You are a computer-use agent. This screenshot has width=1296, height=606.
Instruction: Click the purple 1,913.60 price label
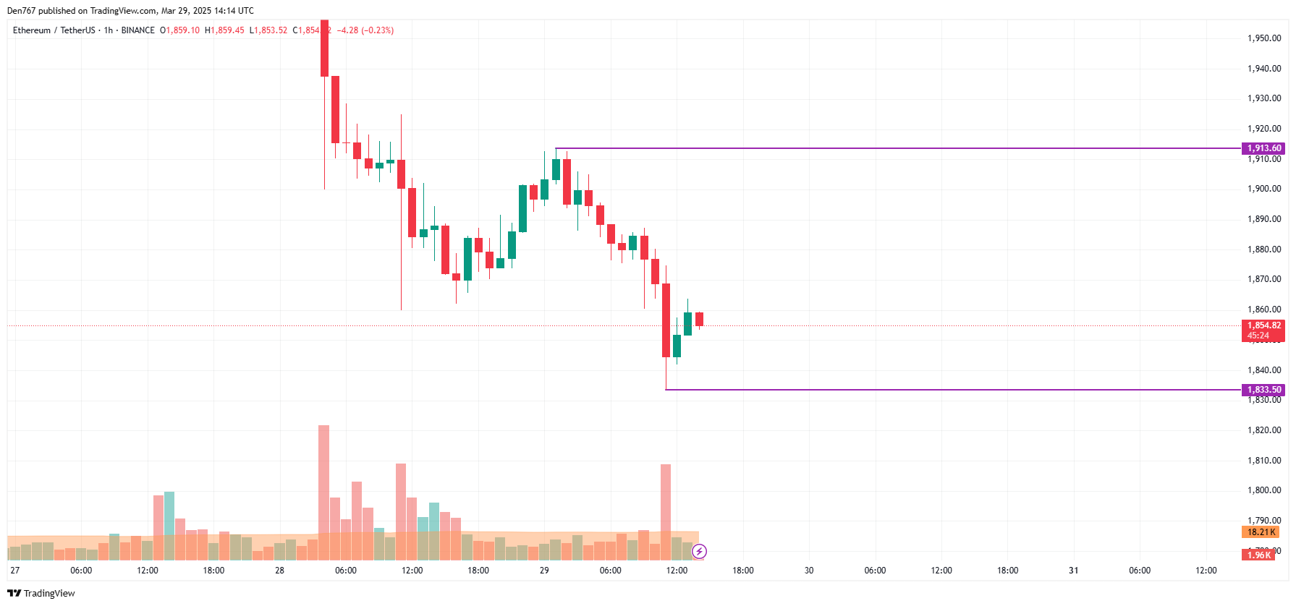[x=1263, y=148]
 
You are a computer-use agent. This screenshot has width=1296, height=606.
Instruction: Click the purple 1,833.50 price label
[x=1263, y=390]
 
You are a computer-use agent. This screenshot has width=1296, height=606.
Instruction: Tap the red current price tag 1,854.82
[x=1263, y=326]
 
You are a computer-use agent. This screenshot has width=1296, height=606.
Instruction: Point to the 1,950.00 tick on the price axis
[x=1263, y=38]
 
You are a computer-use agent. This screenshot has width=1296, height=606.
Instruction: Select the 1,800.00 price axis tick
[x=1263, y=490]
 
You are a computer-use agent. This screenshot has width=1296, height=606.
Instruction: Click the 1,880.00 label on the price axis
[x=1263, y=249]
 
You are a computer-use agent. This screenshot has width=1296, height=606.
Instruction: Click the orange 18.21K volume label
[x=1260, y=532]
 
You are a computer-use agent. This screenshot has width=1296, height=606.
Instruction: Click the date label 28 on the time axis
[x=279, y=571]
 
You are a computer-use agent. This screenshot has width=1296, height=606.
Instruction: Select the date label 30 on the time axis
[x=809, y=571]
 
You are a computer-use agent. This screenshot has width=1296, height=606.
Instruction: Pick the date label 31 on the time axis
[x=1074, y=571]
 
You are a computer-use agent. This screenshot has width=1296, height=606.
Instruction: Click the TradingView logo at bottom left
[x=41, y=593]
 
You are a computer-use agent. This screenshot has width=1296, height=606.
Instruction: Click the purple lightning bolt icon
[x=699, y=552]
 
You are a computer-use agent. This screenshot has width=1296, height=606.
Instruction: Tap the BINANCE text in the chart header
[x=137, y=30]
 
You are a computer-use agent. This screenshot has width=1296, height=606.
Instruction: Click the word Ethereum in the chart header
[x=32, y=30]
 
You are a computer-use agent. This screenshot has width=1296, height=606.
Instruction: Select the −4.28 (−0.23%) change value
[x=365, y=30]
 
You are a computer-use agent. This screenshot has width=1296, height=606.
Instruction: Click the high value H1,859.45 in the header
[x=224, y=30]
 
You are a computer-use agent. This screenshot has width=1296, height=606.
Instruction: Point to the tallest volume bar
[x=323, y=492]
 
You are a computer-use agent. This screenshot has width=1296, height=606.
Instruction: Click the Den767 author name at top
[x=22, y=11]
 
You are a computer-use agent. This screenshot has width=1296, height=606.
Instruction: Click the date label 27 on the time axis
[x=15, y=571]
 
